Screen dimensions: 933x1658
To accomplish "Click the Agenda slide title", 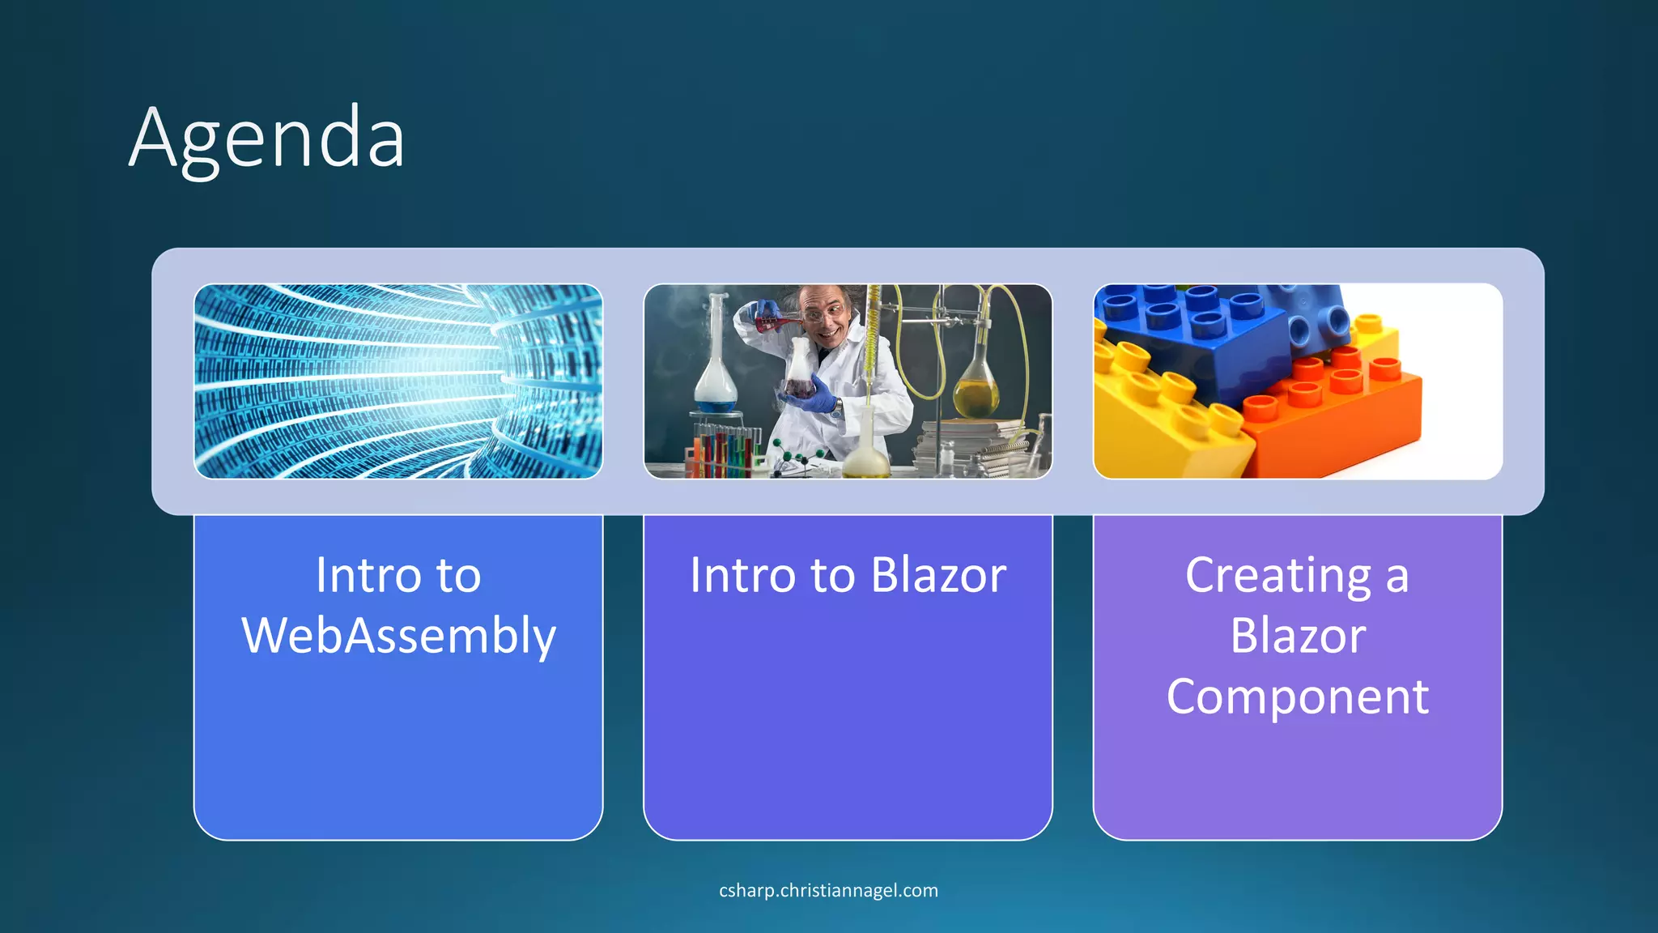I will coord(266,138).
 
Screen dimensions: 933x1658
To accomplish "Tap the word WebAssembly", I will coord(398,636).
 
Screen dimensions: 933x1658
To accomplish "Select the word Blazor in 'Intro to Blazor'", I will coord(938,576).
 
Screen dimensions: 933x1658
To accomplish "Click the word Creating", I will coord(1278,576).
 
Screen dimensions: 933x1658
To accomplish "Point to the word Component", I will coord(1297,697).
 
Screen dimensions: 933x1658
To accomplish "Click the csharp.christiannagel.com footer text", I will coord(828,890).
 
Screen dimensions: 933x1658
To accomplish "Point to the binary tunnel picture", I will coord(398,381).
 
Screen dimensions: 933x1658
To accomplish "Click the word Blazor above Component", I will coord(1297,636).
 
